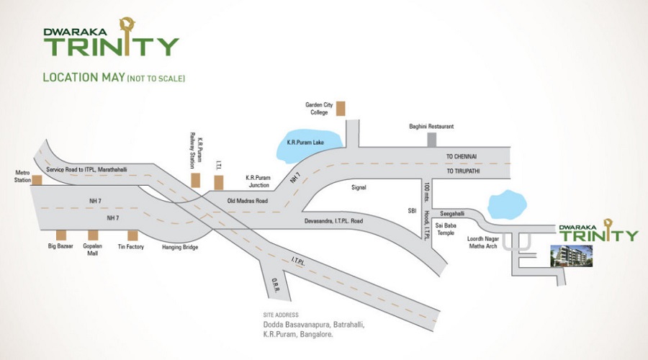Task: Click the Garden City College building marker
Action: [341, 109]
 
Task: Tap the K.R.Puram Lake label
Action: [305, 143]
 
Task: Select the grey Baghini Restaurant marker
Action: [431, 140]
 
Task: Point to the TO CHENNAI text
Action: [462, 157]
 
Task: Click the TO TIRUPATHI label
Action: [463, 171]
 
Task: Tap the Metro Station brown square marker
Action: [37, 180]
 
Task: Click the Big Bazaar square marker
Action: [61, 235]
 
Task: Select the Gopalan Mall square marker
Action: [93, 235]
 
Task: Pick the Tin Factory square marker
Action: [132, 235]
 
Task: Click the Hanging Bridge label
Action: [180, 247]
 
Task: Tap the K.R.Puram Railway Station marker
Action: [195, 180]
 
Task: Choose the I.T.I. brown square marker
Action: [219, 182]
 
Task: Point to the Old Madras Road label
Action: [248, 201]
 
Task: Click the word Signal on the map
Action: [359, 187]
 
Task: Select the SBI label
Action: [412, 211]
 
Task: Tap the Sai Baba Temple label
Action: [446, 229]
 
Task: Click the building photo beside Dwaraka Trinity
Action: [571, 256]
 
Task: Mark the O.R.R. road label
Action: [275, 285]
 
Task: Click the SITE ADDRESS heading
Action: [281, 315]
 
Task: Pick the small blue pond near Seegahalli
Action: [507, 204]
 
